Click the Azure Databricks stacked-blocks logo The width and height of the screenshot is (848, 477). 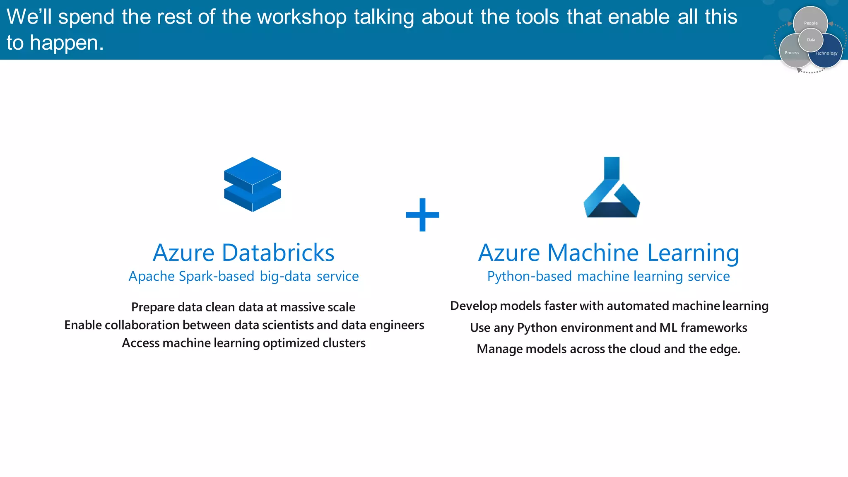click(253, 184)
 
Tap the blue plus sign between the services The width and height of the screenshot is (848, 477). click(422, 214)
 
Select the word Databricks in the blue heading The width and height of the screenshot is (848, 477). click(278, 253)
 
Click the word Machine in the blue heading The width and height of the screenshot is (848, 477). click(593, 253)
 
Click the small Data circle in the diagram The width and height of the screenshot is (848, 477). click(811, 40)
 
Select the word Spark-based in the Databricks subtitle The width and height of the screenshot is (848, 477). click(217, 276)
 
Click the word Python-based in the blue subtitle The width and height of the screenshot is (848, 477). click(529, 276)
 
